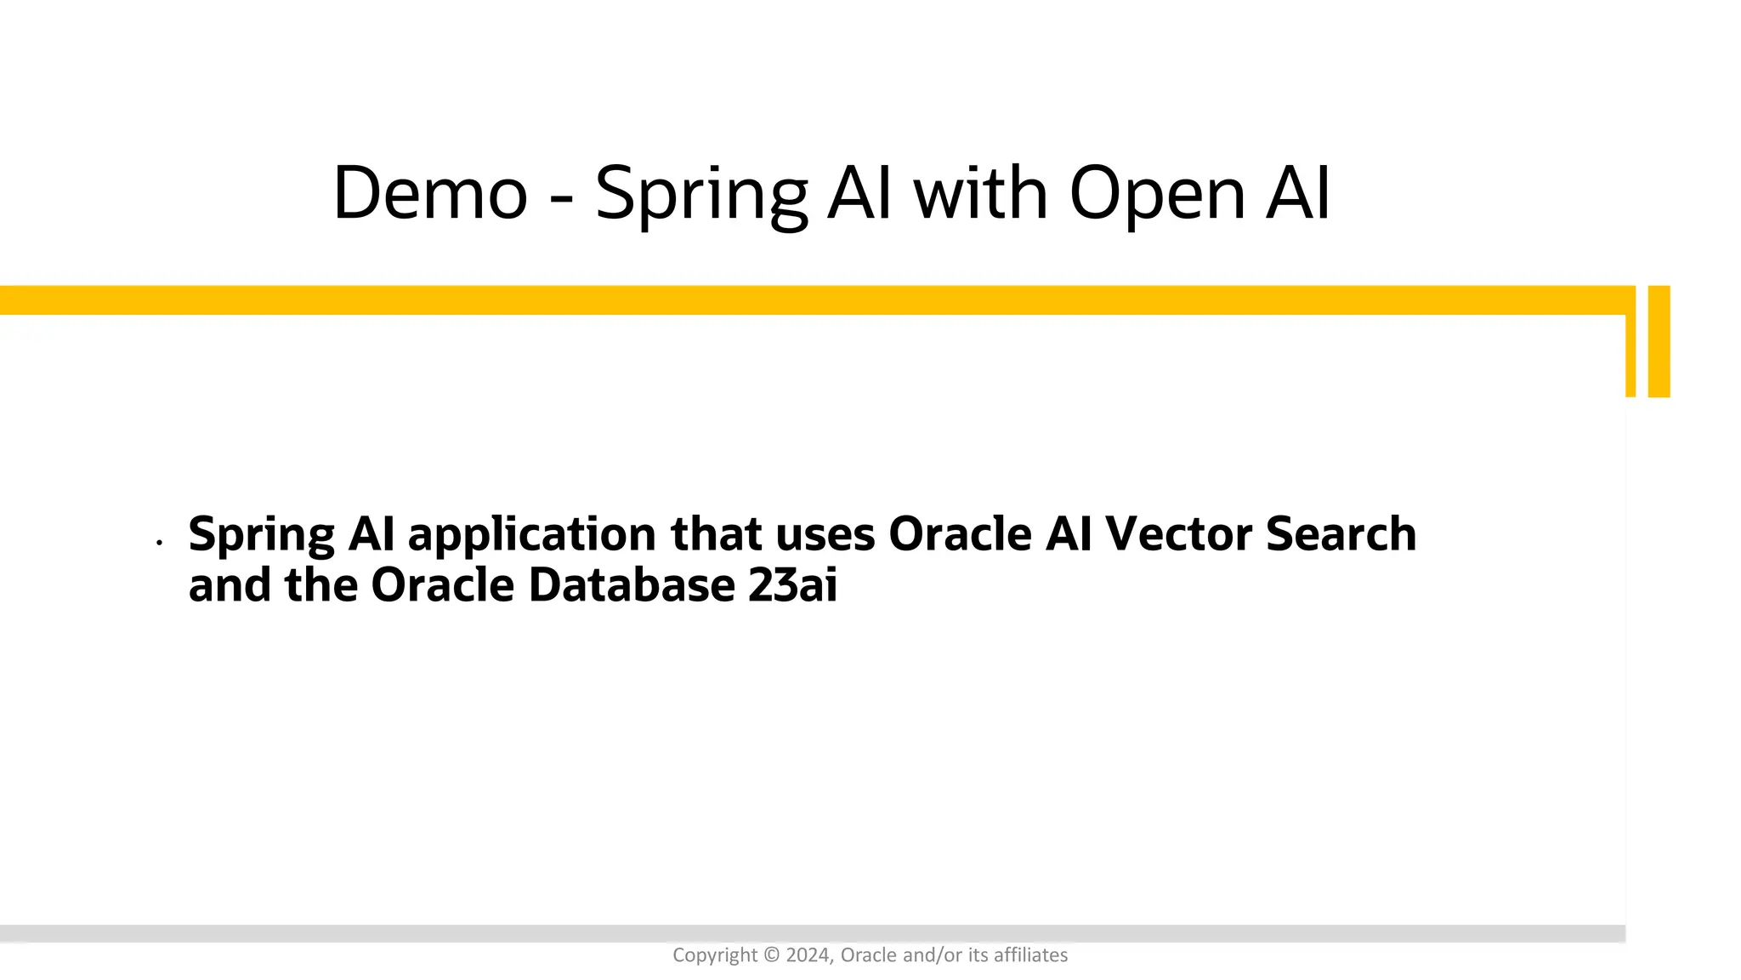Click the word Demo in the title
coord(430,194)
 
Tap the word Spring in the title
coord(700,196)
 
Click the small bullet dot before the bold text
coord(159,542)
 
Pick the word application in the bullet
coord(531,536)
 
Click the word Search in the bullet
coord(1341,534)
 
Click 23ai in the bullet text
coord(792,585)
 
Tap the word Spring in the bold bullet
coord(262,536)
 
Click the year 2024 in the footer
coord(808,955)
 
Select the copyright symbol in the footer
coord(771,955)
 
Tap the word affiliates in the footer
coord(1030,955)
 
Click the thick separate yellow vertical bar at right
coord(1659,341)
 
